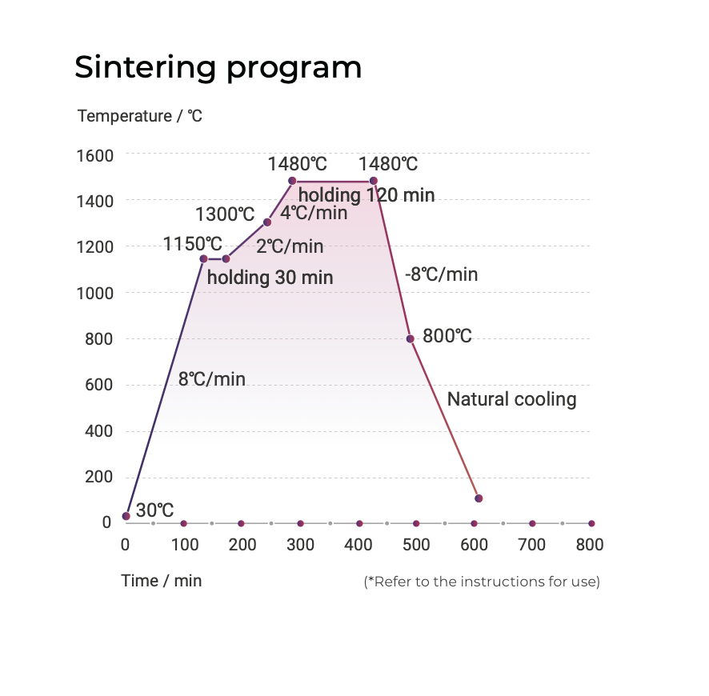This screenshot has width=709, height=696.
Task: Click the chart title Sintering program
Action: (218, 67)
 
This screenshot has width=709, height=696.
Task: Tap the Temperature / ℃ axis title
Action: (140, 116)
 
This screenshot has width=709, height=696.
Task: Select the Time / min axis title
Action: (162, 581)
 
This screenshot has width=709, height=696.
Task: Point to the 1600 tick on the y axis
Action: (94, 155)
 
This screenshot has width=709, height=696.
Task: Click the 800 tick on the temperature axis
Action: (98, 339)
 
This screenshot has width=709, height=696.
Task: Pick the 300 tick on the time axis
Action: (300, 546)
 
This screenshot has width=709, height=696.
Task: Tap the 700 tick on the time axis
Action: (531, 546)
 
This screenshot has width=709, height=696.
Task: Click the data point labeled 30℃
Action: (126, 516)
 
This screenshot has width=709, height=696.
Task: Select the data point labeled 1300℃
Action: (267, 222)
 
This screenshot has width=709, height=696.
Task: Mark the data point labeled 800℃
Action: (411, 338)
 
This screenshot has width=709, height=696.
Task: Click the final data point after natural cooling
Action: (479, 498)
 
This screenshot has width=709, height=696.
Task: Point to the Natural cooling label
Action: (511, 399)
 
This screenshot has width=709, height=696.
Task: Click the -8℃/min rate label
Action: (441, 274)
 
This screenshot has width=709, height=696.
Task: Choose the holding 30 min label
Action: (270, 278)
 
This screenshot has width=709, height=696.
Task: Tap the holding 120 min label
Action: (367, 194)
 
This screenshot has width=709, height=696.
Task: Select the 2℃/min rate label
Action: (290, 246)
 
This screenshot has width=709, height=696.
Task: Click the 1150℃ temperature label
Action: (193, 243)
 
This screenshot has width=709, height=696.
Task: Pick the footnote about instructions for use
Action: (482, 582)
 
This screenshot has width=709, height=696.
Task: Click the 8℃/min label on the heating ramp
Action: (212, 378)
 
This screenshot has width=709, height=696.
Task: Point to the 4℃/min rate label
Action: (314, 213)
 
